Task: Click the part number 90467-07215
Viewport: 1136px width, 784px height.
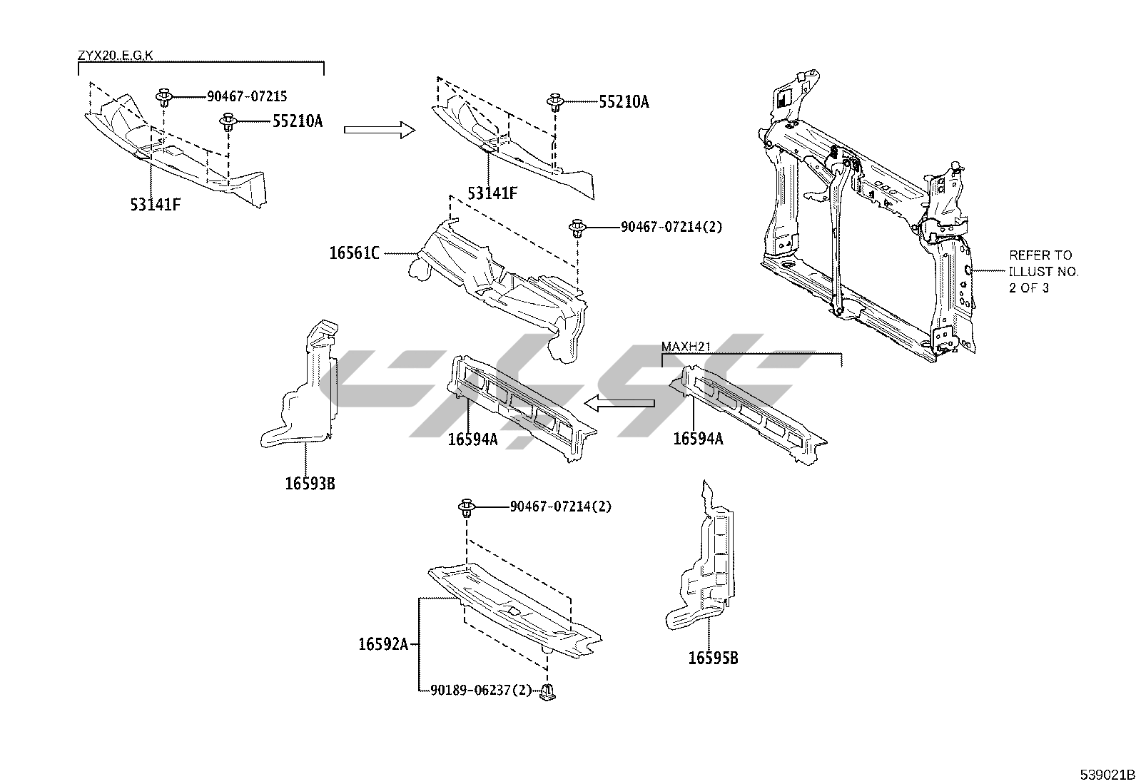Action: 247,96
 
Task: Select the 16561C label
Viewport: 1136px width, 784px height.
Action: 355,253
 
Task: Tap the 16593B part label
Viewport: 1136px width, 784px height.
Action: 310,484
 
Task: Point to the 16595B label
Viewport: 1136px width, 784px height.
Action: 713,658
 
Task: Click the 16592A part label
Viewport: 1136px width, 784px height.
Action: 383,644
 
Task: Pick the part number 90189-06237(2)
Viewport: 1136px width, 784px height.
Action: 481,690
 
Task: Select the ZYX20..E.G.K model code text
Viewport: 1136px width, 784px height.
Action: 115,55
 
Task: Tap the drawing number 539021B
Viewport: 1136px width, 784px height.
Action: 1106,774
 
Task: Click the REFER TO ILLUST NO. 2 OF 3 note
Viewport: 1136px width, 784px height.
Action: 1043,271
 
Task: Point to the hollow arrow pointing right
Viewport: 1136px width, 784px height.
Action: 379,129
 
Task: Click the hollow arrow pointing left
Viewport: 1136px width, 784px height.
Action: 619,404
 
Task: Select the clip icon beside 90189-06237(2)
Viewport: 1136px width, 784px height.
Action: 547,691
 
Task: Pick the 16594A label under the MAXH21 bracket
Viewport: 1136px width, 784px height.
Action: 698,439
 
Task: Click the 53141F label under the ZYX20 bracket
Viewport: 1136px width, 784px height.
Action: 155,205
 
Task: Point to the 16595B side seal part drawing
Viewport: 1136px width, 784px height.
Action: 703,564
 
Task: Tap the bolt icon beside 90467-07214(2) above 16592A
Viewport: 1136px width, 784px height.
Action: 467,508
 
